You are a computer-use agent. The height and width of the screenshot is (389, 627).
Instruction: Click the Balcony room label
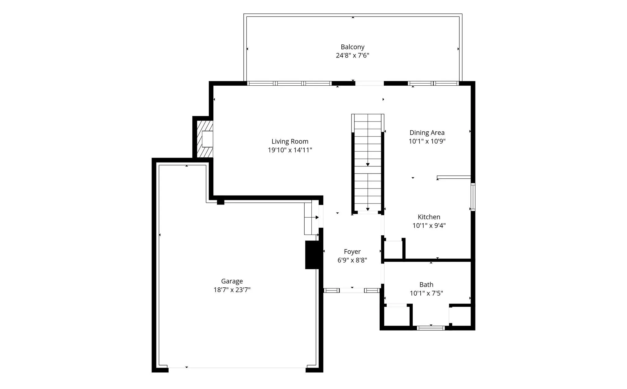tap(352, 47)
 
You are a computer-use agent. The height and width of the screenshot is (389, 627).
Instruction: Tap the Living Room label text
tap(290, 141)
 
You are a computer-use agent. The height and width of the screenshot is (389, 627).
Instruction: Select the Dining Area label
tap(427, 133)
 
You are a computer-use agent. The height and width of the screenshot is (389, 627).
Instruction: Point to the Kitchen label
tap(429, 217)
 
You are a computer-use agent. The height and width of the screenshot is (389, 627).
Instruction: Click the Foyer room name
tap(352, 252)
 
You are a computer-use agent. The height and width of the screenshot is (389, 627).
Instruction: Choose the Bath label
tap(426, 285)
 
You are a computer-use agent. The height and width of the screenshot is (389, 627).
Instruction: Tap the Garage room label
tap(232, 281)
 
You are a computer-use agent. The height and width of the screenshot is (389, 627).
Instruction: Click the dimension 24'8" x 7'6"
tap(352, 56)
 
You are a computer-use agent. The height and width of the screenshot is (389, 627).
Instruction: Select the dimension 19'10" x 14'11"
tap(290, 150)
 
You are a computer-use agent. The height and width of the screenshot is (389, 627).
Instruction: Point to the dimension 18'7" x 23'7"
tap(232, 290)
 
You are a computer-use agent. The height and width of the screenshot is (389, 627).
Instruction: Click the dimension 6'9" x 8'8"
tap(352, 260)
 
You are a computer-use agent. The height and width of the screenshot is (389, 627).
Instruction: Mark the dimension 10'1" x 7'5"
tap(426, 293)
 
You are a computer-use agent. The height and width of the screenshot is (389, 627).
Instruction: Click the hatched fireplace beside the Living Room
tap(205, 139)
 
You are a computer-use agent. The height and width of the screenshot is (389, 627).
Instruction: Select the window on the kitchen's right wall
tap(473, 197)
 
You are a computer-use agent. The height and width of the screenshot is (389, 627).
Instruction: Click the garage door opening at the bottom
tap(237, 368)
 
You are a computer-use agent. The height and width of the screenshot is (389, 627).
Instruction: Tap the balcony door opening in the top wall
tap(369, 83)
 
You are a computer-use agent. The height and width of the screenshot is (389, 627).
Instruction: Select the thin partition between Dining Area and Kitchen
tap(454, 177)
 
